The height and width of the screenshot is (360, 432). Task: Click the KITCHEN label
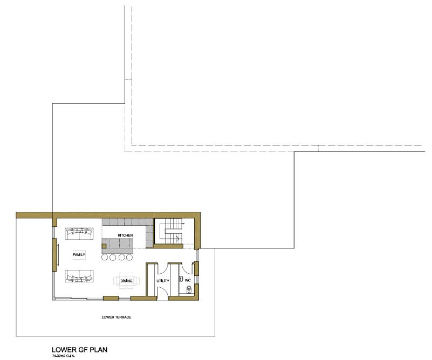[x=125, y=235]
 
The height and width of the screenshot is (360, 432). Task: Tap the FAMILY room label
[x=79, y=254]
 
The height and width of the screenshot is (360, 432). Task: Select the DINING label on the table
[x=126, y=281]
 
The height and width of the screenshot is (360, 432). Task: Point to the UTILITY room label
[x=163, y=281]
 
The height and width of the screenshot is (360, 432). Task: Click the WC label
[x=188, y=281]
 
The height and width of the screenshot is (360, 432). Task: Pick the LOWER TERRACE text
[x=116, y=317]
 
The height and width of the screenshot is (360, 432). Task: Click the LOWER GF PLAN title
[x=79, y=349]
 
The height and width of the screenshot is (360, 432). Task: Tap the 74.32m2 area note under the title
[x=64, y=356]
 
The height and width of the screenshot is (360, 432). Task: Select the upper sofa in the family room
[x=79, y=233]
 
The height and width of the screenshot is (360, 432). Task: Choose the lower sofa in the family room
[x=79, y=275]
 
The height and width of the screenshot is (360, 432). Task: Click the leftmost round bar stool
[x=104, y=257]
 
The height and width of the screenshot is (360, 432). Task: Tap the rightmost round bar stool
[x=130, y=257]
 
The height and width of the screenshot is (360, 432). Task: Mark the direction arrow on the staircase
[x=177, y=238]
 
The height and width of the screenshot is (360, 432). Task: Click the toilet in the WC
[x=189, y=290]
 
